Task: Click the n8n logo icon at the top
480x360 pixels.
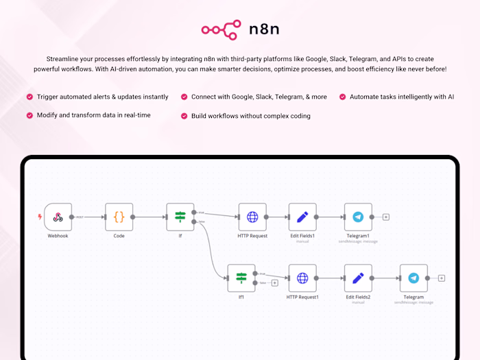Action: (x=220, y=29)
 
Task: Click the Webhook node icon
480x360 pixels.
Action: (x=58, y=217)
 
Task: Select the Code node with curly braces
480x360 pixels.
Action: (x=119, y=217)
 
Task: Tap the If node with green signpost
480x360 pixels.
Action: (x=180, y=217)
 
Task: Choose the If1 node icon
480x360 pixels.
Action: (x=241, y=278)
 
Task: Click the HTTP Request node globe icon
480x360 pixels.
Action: (x=252, y=217)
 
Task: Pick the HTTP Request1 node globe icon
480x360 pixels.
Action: (x=302, y=278)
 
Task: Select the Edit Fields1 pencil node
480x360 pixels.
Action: (x=302, y=217)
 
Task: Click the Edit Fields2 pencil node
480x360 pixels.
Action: (x=358, y=278)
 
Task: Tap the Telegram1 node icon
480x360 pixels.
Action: (x=358, y=217)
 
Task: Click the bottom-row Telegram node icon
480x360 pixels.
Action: (x=413, y=278)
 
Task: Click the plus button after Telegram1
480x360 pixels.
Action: (x=386, y=217)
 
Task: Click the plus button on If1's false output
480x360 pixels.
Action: (x=274, y=283)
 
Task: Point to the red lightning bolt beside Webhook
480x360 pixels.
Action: (x=39, y=217)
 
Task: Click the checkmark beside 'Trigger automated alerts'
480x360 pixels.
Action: (x=29, y=97)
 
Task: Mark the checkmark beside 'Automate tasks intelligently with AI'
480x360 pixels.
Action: (x=342, y=97)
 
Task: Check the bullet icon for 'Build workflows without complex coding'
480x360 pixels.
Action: (x=184, y=116)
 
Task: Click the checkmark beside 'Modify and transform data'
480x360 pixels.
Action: (x=29, y=115)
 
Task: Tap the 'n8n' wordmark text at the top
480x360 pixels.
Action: (x=264, y=29)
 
